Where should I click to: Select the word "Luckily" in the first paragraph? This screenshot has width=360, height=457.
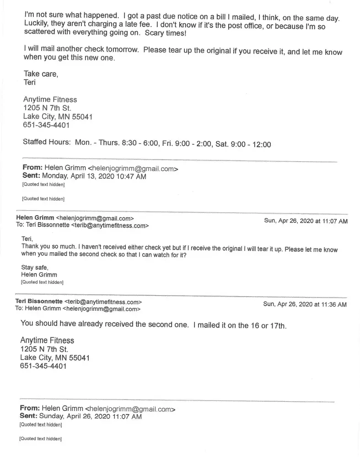click(x=35, y=27)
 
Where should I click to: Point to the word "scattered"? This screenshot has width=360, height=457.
click(x=38, y=35)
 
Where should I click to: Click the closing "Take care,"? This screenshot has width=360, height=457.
click(x=41, y=74)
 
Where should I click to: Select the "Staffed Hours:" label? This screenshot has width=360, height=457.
click(x=47, y=143)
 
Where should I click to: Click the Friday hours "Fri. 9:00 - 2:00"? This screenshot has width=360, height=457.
click(x=187, y=144)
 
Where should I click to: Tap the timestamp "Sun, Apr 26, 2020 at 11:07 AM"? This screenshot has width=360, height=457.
click(x=306, y=221)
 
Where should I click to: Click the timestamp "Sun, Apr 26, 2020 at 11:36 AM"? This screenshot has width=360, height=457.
click(x=305, y=304)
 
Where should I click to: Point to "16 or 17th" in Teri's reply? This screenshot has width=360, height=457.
click(x=268, y=326)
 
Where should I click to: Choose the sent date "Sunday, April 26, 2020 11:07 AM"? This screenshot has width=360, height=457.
click(x=91, y=416)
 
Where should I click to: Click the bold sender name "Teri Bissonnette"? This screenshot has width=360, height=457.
click(x=39, y=302)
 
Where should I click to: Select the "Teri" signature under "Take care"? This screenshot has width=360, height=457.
click(x=29, y=83)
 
